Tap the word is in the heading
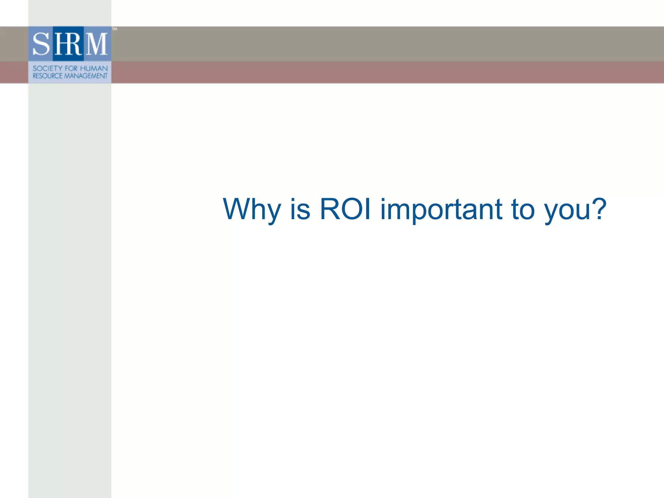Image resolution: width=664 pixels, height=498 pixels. (300, 209)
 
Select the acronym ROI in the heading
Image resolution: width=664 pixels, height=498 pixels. (345, 209)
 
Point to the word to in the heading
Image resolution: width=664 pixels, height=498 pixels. (522, 209)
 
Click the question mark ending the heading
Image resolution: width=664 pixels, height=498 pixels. (598, 209)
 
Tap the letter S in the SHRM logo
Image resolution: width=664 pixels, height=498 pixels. (41, 44)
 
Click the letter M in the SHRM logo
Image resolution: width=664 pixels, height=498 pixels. (96, 44)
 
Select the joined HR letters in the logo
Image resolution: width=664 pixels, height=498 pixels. (68, 44)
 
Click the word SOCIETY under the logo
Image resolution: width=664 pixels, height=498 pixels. (47, 68)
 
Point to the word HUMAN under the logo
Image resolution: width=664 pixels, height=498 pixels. (94, 68)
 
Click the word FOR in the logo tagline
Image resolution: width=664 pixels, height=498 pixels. (71, 68)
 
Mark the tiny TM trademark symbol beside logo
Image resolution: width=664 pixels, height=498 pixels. (114, 29)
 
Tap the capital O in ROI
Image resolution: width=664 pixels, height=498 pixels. (351, 209)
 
